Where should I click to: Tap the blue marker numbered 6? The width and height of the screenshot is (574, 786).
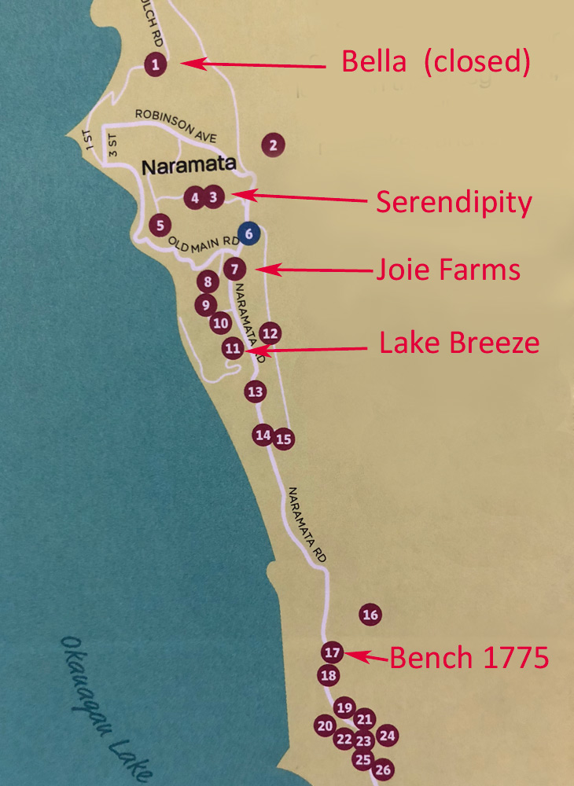click(x=248, y=233)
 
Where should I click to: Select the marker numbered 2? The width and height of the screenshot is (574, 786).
click(x=273, y=145)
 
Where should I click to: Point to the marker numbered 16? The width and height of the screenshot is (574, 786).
click(x=370, y=615)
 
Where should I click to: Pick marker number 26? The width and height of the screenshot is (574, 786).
click(x=384, y=769)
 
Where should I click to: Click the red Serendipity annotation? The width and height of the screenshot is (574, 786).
click(x=454, y=203)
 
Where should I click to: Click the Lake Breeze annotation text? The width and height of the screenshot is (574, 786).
click(x=459, y=343)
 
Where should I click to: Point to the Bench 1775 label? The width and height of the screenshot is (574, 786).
click(x=469, y=658)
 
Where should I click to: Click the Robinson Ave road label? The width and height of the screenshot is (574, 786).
click(x=175, y=126)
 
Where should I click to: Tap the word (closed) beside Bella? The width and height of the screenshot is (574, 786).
click(x=476, y=61)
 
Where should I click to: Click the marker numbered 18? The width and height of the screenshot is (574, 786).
click(x=329, y=675)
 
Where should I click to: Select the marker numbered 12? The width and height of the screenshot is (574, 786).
click(x=270, y=333)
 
